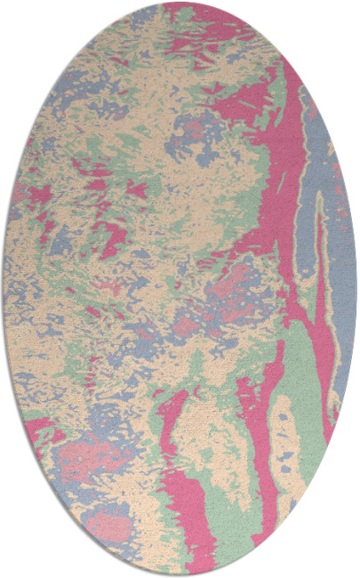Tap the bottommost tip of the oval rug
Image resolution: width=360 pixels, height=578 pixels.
click(180, 575)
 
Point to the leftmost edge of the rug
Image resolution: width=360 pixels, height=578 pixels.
click(3, 289)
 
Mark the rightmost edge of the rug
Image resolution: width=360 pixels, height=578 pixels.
click(356, 289)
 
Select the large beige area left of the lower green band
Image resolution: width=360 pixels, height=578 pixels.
click(209, 436)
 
